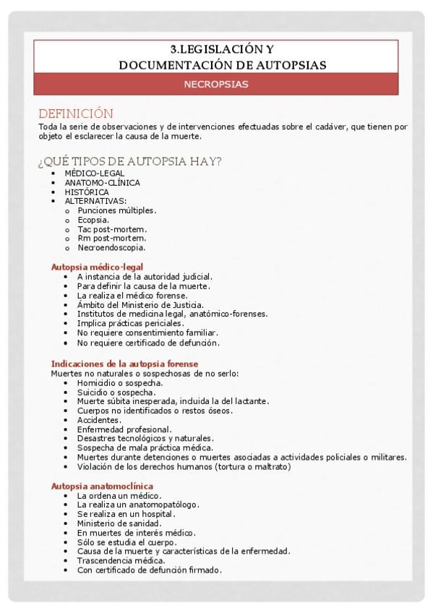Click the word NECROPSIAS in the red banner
(216, 85)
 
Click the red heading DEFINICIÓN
(76, 113)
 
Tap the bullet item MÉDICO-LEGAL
(94, 173)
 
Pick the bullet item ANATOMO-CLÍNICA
(102, 183)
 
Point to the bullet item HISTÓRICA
(87, 192)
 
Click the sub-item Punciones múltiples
(116, 210)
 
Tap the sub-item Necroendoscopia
(111, 247)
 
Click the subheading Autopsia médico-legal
(97, 267)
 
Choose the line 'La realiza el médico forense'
(132, 296)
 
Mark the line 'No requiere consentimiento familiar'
(148, 333)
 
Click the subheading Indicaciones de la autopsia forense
(124, 364)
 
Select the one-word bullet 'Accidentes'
(99, 420)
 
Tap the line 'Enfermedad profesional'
(124, 429)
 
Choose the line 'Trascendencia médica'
(121, 560)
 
